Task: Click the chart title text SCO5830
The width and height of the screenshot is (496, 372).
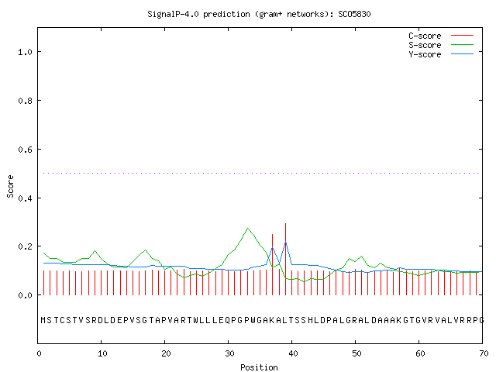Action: tap(354, 14)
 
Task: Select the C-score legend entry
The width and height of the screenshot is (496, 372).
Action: tap(441, 36)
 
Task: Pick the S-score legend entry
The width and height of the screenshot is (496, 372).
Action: tap(441, 45)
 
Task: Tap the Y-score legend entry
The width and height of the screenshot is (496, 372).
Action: tap(441, 54)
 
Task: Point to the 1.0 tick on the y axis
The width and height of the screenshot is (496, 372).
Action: tap(25, 52)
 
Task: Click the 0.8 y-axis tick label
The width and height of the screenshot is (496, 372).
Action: tap(25, 101)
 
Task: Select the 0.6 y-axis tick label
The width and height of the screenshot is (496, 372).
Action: tap(25, 150)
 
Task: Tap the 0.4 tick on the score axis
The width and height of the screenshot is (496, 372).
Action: tap(25, 198)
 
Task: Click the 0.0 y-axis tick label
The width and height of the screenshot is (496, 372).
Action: tap(25, 295)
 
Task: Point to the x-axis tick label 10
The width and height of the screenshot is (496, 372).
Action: tap(102, 353)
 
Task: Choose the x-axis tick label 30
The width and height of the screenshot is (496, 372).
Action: tap(229, 353)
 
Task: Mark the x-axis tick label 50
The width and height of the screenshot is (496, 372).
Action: tap(356, 353)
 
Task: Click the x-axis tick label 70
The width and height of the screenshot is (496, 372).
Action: tap(484, 353)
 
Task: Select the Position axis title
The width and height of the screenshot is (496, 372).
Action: tap(259, 367)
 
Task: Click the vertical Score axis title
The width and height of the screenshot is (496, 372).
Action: tap(10, 186)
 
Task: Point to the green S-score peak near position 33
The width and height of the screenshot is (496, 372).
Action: tap(248, 228)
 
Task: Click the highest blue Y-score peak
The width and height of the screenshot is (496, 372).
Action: tap(286, 243)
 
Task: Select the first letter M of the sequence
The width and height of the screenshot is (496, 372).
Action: tap(43, 320)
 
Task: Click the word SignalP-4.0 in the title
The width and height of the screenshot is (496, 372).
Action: tap(173, 14)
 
